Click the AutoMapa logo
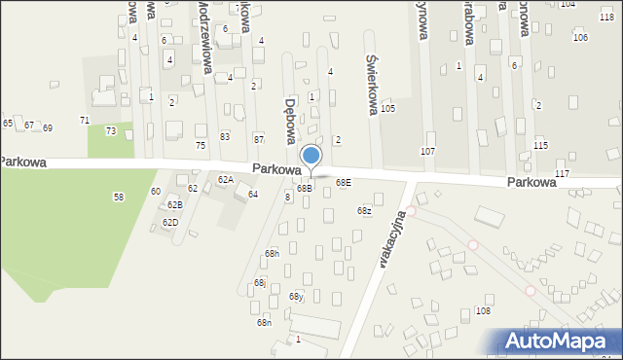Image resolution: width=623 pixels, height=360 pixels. (x=561, y=340)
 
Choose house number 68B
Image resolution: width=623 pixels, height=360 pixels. (x=305, y=188)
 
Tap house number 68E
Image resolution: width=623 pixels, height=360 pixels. (x=344, y=182)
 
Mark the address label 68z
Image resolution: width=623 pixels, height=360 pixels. (x=364, y=211)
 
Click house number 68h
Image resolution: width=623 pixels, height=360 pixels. (x=272, y=253)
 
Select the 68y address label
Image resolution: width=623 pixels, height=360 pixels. (x=296, y=296)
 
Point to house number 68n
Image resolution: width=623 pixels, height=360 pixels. (x=264, y=322)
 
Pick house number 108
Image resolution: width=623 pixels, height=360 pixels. (x=483, y=309)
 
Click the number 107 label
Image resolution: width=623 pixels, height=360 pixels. (x=427, y=152)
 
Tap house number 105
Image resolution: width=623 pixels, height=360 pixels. (x=387, y=108)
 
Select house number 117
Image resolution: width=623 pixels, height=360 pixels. (x=562, y=173)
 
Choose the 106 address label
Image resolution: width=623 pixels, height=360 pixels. (x=580, y=37)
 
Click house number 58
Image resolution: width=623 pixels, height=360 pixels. (x=119, y=197)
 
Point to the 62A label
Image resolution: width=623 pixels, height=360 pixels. (x=225, y=179)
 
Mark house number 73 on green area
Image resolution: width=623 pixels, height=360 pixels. (x=111, y=130)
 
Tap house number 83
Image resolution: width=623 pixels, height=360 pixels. (x=225, y=136)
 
